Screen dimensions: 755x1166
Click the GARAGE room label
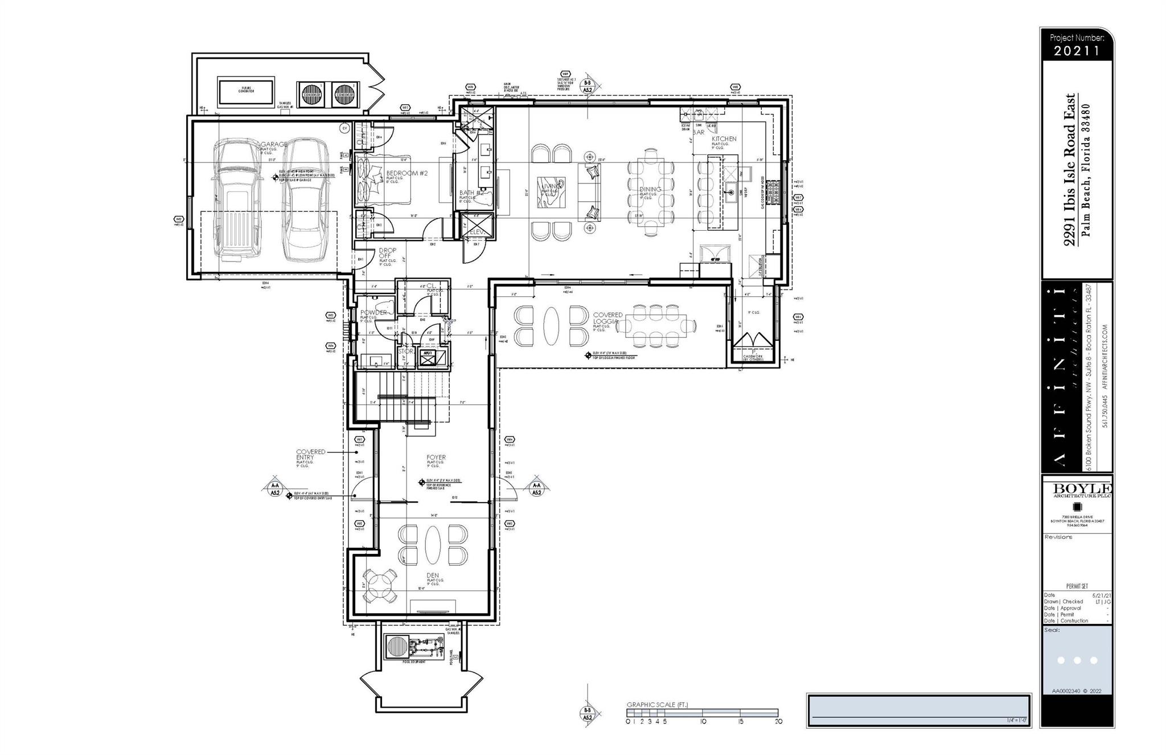click(x=274, y=145)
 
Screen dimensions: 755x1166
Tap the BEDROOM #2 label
click(x=407, y=173)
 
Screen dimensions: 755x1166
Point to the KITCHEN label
click(x=724, y=139)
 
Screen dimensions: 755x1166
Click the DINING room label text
click(x=650, y=189)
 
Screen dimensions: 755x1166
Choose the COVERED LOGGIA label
click(x=607, y=318)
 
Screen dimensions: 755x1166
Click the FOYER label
click(x=436, y=457)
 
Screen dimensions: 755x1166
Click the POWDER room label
click(x=373, y=312)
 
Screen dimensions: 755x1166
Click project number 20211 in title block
click(x=1076, y=51)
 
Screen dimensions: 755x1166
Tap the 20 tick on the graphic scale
click(x=778, y=721)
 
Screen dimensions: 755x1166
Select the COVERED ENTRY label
click(x=310, y=454)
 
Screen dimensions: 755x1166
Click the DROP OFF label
click(x=387, y=254)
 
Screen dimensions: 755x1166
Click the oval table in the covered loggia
click(x=552, y=326)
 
